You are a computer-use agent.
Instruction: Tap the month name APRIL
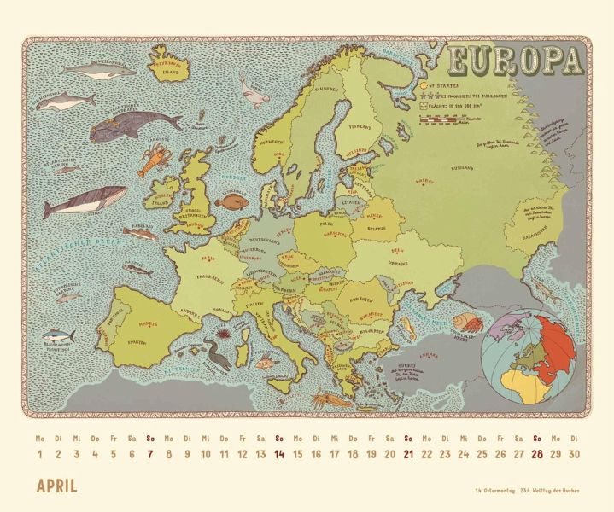click(56, 487)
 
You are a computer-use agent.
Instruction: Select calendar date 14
click(279, 454)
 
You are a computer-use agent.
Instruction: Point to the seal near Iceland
click(254, 85)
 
